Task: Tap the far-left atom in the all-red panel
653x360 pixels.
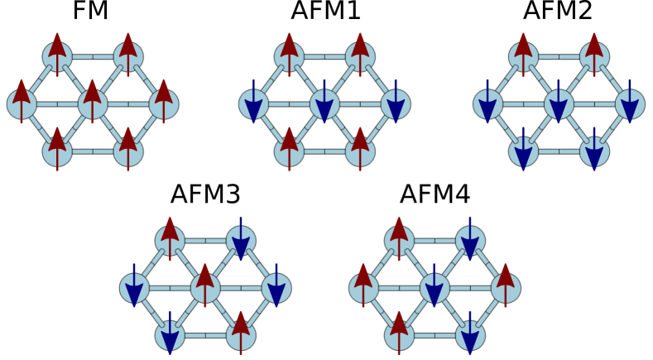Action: pyautogui.click(x=22, y=104)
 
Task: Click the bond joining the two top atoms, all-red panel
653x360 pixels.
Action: pyautogui.click(x=93, y=57)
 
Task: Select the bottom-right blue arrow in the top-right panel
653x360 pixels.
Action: pyautogui.click(x=594, y=152)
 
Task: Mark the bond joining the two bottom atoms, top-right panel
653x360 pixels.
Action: pyautogui.click(x=559, y=152)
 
